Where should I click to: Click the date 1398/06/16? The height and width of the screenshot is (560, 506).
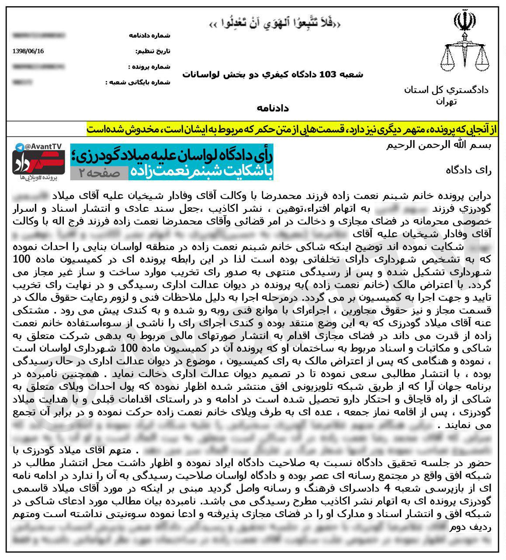coord(28,51)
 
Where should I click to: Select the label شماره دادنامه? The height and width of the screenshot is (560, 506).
coord(149,35)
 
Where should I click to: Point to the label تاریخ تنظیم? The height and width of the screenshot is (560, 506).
coord(153,51)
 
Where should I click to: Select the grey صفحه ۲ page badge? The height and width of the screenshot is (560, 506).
coord(99,173)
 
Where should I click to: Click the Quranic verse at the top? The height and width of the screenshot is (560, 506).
coord(274,23)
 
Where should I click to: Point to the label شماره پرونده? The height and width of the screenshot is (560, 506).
coord(149,67)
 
